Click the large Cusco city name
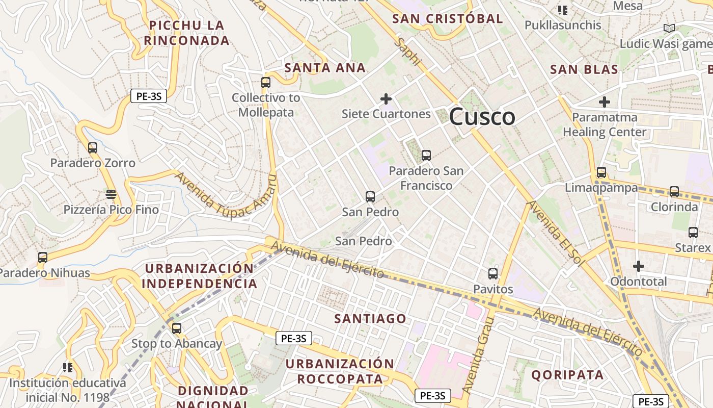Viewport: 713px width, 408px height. (482, 117)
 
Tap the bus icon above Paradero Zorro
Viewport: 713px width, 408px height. (93, 148)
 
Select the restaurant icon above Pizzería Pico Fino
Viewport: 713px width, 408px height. (111, 194)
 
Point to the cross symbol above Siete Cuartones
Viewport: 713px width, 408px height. (386, 98)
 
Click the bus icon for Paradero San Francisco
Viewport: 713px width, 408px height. (426, 155)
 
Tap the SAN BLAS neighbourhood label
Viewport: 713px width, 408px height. (584, 69)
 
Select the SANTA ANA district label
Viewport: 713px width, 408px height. (325, 67)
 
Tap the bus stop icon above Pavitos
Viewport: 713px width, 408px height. (493, 273)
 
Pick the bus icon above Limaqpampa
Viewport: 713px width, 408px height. (601, 172)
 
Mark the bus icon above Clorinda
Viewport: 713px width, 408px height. (674, 192)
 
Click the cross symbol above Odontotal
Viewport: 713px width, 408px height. (639, 266)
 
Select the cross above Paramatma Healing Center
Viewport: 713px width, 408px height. (605, 102)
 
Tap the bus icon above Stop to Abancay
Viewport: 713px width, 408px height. (177, 328)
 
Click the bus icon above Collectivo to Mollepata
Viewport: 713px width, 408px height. (265, 82)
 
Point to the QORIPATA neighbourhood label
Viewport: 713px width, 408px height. (567, 375)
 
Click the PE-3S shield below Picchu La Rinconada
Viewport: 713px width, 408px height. (149, 96)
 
